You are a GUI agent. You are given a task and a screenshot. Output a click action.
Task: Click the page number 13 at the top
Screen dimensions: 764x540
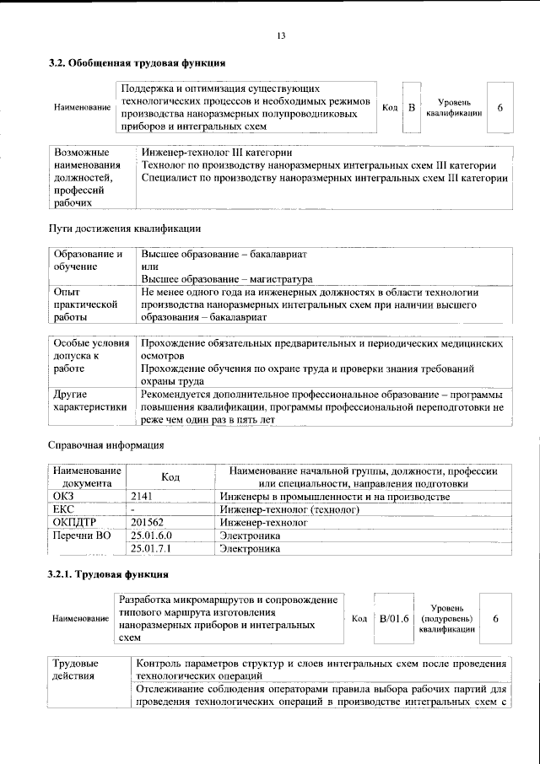(x=281, y=35)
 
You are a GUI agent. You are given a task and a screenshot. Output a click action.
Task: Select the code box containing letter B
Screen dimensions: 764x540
(x=411, y=107)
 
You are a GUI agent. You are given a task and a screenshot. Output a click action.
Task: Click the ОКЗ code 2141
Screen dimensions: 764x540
(x=143, y=498)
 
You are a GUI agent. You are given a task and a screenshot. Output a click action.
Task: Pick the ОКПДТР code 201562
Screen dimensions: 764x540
(x=148, y=523)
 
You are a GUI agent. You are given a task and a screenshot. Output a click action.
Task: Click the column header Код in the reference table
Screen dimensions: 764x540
(x=170, y=477)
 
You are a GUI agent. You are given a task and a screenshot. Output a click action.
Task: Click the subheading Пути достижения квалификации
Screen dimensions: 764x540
(x=123, y=229)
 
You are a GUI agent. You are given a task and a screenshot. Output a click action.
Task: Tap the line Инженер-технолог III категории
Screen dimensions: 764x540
(x=217, y=153)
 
